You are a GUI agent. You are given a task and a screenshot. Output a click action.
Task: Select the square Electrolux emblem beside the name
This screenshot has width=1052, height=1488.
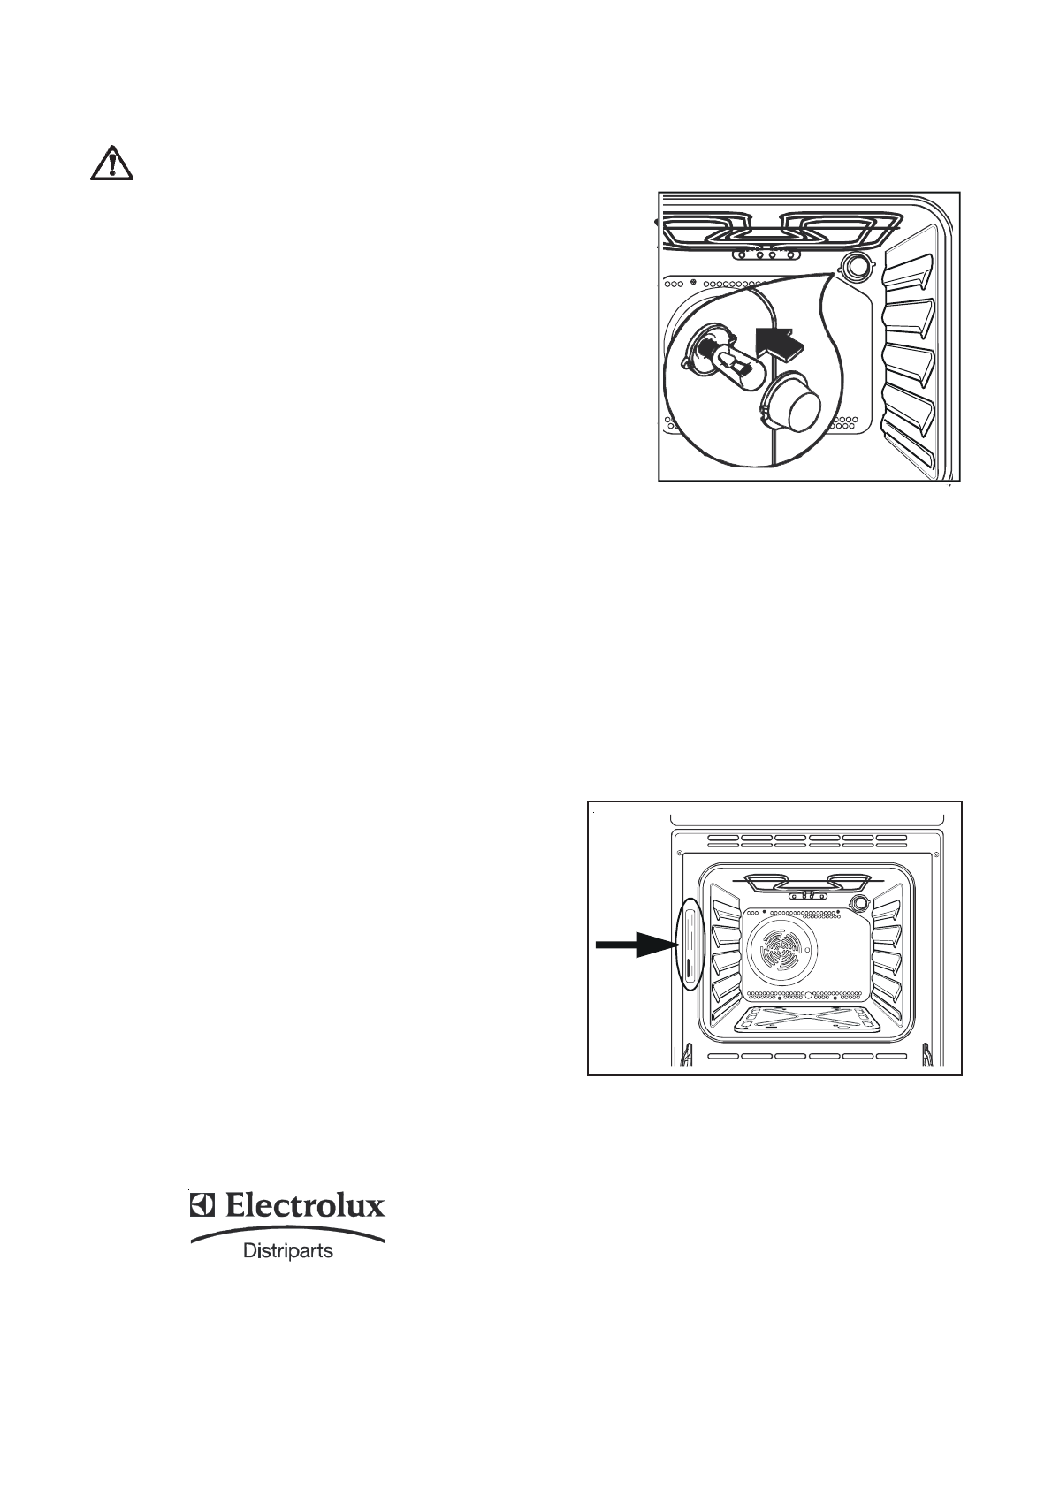[202, 1206]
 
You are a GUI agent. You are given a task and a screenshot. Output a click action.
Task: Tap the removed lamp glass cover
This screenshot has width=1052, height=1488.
[792, 407]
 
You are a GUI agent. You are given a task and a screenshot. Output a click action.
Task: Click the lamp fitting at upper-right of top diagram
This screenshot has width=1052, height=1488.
[855, 266]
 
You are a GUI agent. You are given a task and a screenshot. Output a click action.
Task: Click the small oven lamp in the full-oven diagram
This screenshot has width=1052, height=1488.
[858, 902]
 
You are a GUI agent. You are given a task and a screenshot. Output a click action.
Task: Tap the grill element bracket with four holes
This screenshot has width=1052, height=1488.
[771, 254]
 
